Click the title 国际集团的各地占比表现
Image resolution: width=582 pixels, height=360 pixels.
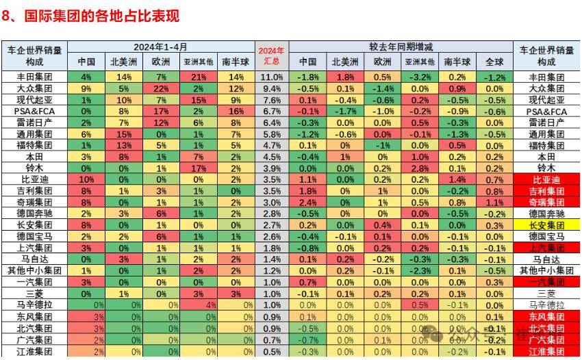pyautogui.click(x=96, y=16)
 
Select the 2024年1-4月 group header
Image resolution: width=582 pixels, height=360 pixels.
pyautogui.click(x=160, y=47)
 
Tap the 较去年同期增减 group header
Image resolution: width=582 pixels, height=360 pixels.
pyautogui.click(x=401, y=47)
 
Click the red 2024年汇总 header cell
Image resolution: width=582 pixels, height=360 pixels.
pyautogui.click(x=271, y=55)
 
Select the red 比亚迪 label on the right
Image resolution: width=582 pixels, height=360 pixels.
pyautogui.click(x=546, y=179)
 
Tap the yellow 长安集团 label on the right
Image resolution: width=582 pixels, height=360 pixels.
pyautogui.click(x=546, y=224)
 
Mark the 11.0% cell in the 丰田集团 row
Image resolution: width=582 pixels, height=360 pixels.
pyautogui.click(x=271, y=77)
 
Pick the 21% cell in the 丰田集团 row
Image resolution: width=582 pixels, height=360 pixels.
pyautogui.click(x=199, y=77)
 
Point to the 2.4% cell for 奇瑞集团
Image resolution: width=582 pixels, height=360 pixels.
pyautogui.click(x=307, y=202)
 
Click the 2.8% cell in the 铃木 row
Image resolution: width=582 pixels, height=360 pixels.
pyautogui.click(x=420, y=168)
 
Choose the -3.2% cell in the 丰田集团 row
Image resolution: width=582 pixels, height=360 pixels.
pyautogui.click(x=420, y=77)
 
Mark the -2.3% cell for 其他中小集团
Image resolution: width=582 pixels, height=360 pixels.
pyautogui.click(x=420, y=270)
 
